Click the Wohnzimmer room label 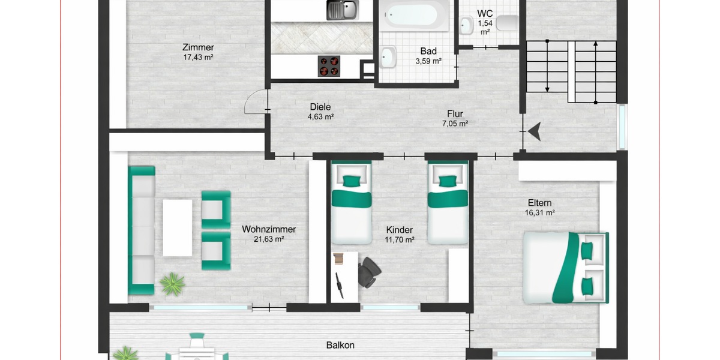click(x=269, y=229)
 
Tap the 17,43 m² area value click(x=199, y=58)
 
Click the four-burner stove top click(x=328, y=66)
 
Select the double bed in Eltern click(x=565, y=267)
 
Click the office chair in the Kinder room click(x=368, y=271)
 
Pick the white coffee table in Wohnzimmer click(x=178, y=226)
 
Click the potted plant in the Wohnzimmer click(x=173, y=283)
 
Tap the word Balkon click(x=340, y=345)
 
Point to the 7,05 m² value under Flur click(x=455, y=124)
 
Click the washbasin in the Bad click(x=388, y=57)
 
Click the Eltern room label click(x=540, y=203)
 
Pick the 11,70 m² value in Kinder click(x=400, y=240)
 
